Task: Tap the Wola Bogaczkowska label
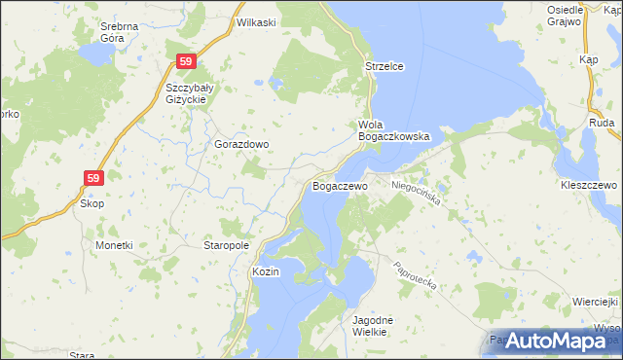[394, 131]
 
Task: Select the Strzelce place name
[384, 66]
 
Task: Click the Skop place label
[92, 203]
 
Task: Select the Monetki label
[114, 245]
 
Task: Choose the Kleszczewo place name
[590, 184]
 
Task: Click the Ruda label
[602, 125]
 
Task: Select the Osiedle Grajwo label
[564, 15]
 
